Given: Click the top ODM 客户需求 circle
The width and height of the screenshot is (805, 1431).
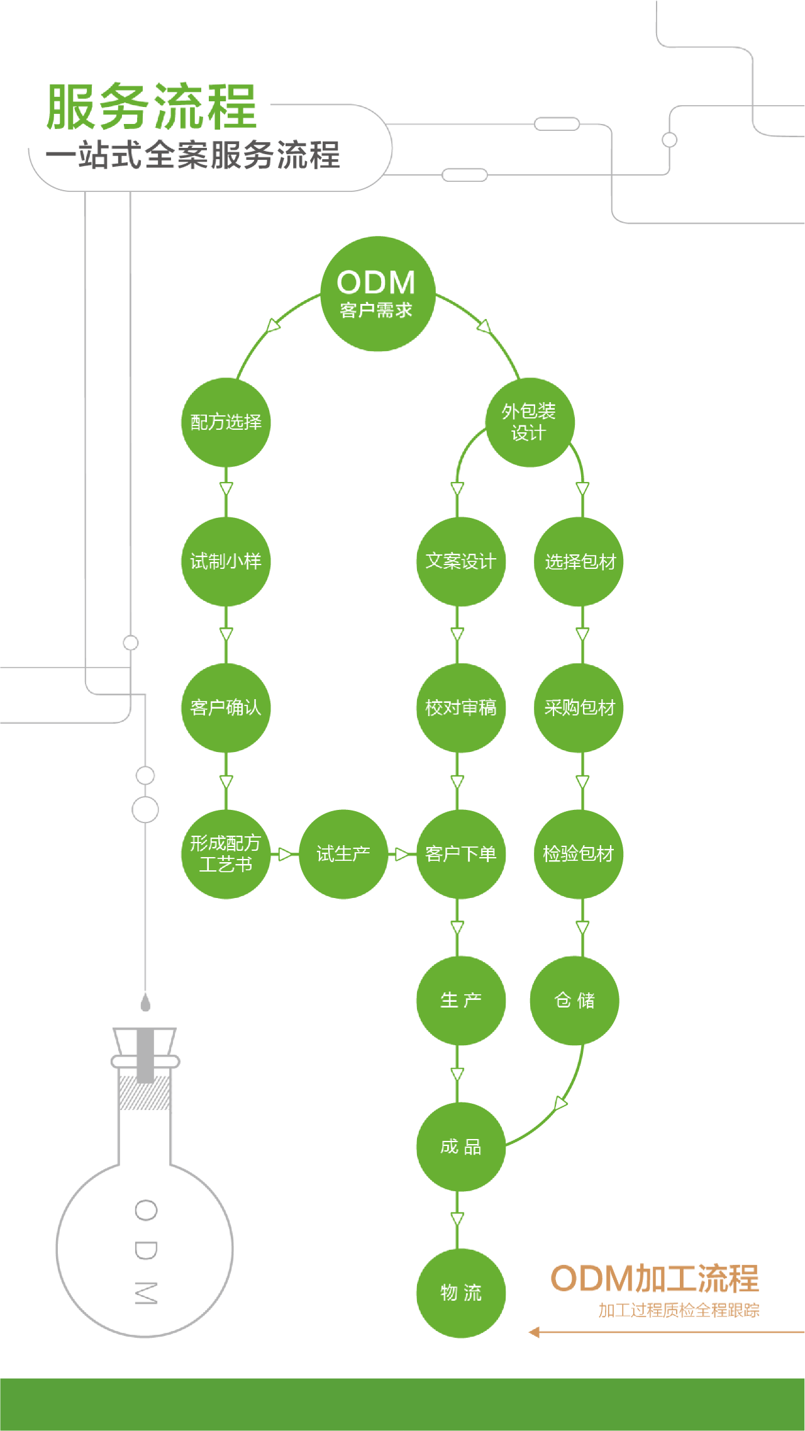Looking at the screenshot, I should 377,294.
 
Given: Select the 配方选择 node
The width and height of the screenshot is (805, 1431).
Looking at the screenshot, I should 226,422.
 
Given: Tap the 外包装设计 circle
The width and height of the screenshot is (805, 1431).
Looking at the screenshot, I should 530,422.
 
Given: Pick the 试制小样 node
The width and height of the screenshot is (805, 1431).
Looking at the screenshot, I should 226,561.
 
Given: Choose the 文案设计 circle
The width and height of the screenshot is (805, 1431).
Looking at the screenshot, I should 460,561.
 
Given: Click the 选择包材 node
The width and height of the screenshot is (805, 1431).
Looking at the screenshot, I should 579,561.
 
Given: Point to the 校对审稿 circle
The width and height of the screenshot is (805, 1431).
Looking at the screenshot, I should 460,708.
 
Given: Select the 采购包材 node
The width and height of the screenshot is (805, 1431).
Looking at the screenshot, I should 579,708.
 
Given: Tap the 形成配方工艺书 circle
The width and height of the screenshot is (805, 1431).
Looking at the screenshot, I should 226,854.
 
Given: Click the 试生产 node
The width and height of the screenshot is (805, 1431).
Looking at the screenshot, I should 343,854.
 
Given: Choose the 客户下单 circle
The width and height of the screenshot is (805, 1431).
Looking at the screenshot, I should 460,854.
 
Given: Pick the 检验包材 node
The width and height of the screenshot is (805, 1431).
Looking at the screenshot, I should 579,854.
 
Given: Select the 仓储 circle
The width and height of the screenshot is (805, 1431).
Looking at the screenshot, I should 575,1001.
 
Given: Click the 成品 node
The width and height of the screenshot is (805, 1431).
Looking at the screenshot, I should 460,1147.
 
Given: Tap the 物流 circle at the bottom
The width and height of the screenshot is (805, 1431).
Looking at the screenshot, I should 460,1293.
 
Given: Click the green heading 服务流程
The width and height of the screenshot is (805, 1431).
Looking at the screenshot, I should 152,107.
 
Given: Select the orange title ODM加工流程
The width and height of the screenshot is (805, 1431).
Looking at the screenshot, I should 655,1279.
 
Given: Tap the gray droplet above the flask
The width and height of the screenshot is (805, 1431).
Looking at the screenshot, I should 145,1002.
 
